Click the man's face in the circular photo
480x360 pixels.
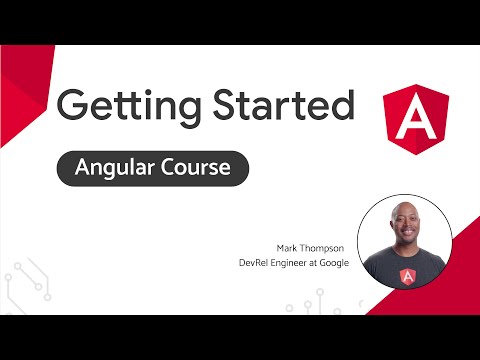[x=404, y=233]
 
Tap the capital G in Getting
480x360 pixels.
[x=75, y=105]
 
